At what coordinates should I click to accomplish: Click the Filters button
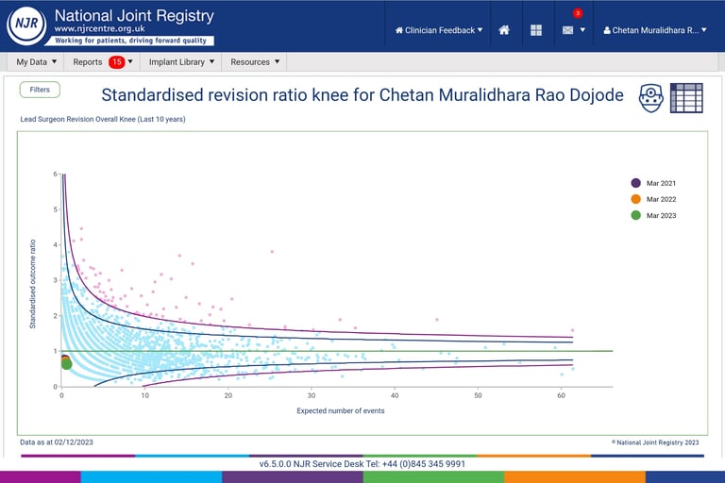(40, 90)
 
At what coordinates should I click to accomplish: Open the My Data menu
(37, 62)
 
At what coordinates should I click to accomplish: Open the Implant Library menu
(182, 62)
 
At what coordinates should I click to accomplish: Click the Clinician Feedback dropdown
(439, 30)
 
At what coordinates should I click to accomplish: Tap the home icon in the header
(504, 30)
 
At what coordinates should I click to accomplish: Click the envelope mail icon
(568, 30)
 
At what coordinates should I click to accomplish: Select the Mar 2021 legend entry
(660, 183)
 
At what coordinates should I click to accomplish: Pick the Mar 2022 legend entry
(660, 199)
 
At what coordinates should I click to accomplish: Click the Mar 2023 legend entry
(660, 216)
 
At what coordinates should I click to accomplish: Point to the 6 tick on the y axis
(56, 175)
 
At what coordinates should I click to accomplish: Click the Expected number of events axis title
(340, 410)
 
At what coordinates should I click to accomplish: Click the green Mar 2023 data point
(66, 364)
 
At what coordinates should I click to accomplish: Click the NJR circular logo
(25, 25)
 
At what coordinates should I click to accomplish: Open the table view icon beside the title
(686, 97)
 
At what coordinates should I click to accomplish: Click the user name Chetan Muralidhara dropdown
(654, 30)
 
